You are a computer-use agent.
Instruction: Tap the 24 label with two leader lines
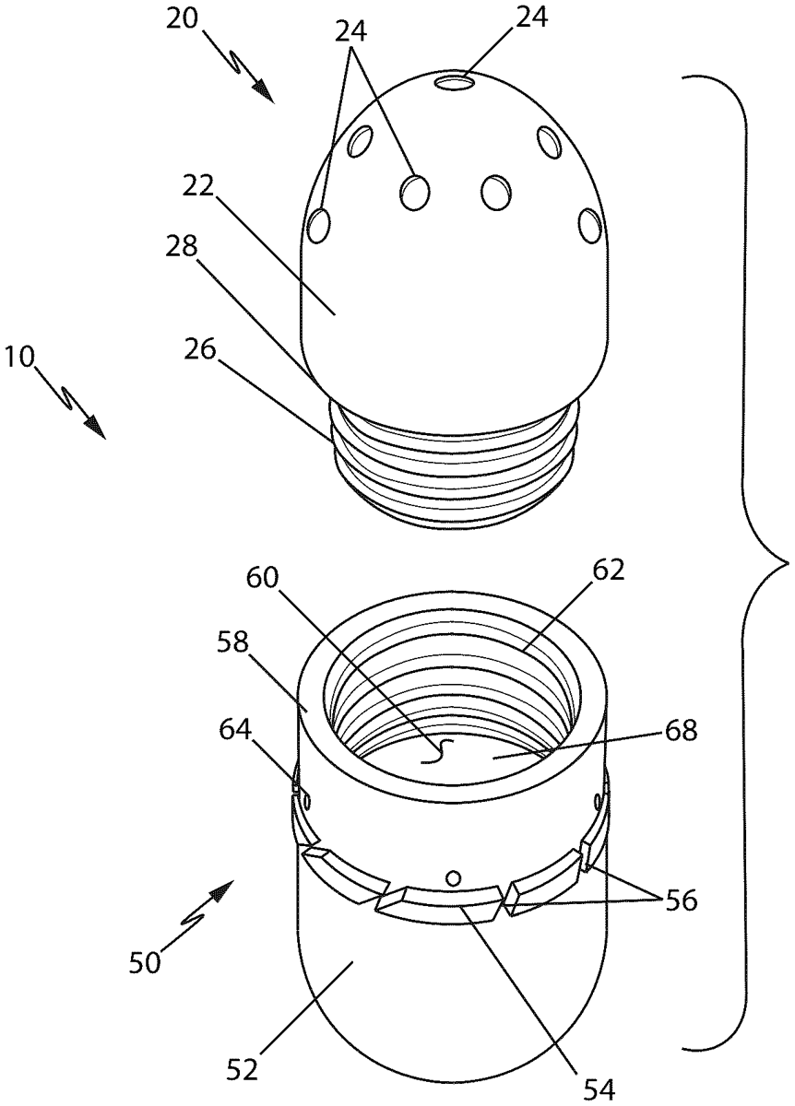click(x=351, y=33)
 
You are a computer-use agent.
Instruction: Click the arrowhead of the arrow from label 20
click(x=267, y=95)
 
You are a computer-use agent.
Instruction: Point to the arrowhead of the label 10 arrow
click(x=98, y=429)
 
